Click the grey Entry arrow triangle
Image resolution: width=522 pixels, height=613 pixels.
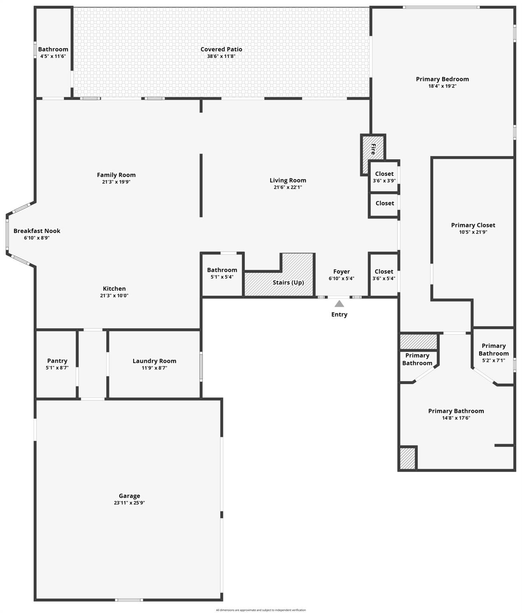339,304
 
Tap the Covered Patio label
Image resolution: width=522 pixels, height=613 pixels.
221,49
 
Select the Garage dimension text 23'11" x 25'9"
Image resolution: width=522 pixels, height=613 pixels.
129,503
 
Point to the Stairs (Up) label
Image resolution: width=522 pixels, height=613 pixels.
288,283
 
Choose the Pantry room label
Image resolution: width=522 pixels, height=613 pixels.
57,361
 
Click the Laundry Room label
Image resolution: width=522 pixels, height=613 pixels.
154,361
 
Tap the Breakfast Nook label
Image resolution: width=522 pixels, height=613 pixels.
37,231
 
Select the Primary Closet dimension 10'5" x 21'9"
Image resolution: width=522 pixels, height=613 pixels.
473,232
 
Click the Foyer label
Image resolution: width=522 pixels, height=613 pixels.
342,271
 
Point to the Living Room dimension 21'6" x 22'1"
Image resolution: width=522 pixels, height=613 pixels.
288,187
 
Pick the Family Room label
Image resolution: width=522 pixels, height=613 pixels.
116,175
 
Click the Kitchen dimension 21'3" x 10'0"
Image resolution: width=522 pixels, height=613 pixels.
114,296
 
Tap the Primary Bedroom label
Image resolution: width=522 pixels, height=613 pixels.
442,79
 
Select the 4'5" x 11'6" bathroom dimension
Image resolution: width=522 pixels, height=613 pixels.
53,56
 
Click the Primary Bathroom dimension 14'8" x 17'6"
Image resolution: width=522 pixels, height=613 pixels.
456,418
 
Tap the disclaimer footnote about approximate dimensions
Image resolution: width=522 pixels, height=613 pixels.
261,610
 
